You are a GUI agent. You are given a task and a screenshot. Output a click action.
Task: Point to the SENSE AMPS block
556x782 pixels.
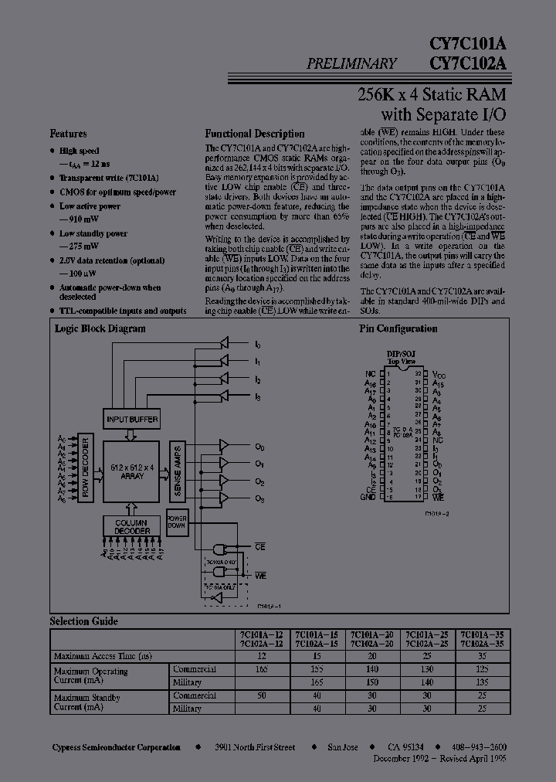[x=176, y=471]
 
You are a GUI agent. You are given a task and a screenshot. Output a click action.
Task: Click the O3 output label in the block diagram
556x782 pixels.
[x=260, y=498]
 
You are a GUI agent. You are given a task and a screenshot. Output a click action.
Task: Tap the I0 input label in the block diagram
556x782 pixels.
[x=258, y=345]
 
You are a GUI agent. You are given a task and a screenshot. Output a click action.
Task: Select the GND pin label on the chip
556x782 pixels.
[x=369, y=497]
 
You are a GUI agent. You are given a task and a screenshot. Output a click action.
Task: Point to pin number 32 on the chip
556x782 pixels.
[x=416, y=373]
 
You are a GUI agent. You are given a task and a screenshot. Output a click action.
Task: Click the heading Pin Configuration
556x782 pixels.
[x=398, y=329]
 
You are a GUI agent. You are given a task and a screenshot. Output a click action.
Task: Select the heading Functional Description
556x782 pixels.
[x=254, y=134]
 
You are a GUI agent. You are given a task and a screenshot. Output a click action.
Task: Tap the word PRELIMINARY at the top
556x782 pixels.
[x=351, y=64]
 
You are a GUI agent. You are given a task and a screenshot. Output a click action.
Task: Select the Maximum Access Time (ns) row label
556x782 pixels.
[x=103, y=656]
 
